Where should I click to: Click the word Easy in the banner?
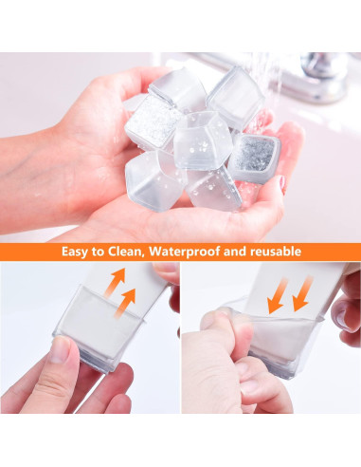(x=79, y=252)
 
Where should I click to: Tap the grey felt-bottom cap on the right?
(x=254, y=157)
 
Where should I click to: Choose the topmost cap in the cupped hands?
(x=179, y=87)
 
